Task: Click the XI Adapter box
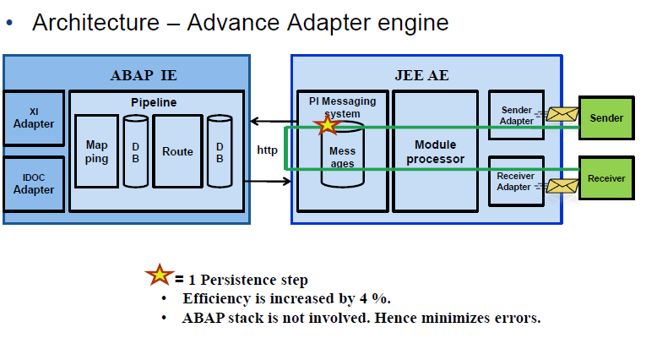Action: [x=34, y=118]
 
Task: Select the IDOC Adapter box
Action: [x=34, y=184]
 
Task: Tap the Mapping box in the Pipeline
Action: [x=97, y=151]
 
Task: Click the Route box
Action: [x=177, y=151]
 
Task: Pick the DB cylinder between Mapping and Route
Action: [x=136, y=151]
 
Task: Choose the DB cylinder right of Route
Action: [x=220, y=151]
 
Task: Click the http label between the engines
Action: [x=268, y=150]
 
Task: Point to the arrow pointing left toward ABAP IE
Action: [x=274, y=121]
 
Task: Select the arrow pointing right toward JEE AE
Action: [x=268, y=181]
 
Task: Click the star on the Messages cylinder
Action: [x=327, y=124]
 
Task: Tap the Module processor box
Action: [x=436, y=151]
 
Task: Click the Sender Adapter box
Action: [x=516, y=116]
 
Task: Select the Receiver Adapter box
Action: [x=516, y=181]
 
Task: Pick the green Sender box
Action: [x=606, y=118]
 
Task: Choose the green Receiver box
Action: [x=606, y=178]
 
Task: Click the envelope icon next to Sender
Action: [x=562, y=114]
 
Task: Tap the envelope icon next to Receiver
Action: [x=562, y=186]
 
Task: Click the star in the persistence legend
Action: [x=160, y=275]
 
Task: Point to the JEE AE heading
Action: [x=422, y=75]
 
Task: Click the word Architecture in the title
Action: [x=96, y=22]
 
